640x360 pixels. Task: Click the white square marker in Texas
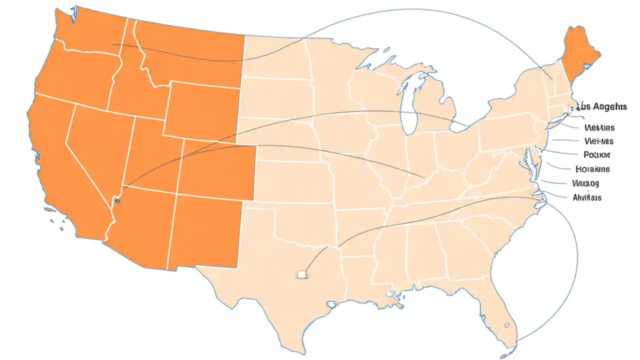pos(302,274)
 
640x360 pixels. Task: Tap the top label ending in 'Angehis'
pos(602,107)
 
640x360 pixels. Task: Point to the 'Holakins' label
pos(592,169)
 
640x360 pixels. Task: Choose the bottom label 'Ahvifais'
pos(586,197)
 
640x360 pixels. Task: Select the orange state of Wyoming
pos(202,110)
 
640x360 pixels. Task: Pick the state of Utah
pos(155,155)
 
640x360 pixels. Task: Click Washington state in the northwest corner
pos(90,30)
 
